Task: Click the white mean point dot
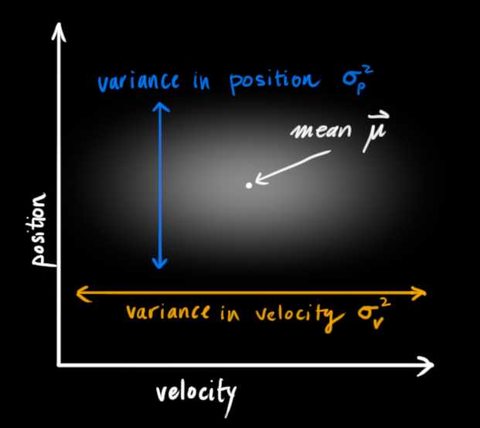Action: pos(249,185)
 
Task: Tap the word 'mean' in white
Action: pos(321,132)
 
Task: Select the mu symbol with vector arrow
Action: pos(376,132)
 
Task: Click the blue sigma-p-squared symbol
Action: pos(357,80)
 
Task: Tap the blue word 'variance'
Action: pos(138,81)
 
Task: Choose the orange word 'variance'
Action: pos(168,312)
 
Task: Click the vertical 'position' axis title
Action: pos(39,229)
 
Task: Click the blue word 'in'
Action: pos(202,80)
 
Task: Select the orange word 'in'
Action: pos(230,313)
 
